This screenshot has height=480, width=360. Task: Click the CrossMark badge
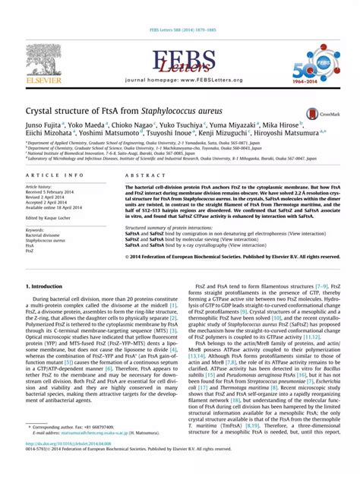tap(319, 114)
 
